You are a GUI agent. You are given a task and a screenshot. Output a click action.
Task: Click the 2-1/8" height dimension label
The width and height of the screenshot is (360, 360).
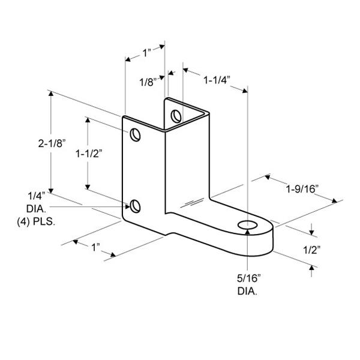[50, 144]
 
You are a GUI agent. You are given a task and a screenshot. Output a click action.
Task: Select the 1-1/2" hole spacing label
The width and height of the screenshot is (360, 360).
[88, 153]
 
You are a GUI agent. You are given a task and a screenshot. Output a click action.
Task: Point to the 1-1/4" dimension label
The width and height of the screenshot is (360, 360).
[217, 78]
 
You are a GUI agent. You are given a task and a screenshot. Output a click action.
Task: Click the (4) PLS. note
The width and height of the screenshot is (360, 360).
[35, 221]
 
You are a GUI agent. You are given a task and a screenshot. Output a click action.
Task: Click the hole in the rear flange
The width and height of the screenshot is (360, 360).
[176, 115]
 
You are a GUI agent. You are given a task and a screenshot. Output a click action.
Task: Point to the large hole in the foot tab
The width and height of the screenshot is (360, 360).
[247, 225]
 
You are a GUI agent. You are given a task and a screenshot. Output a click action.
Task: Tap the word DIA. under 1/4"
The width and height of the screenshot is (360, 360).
[38, 208]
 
